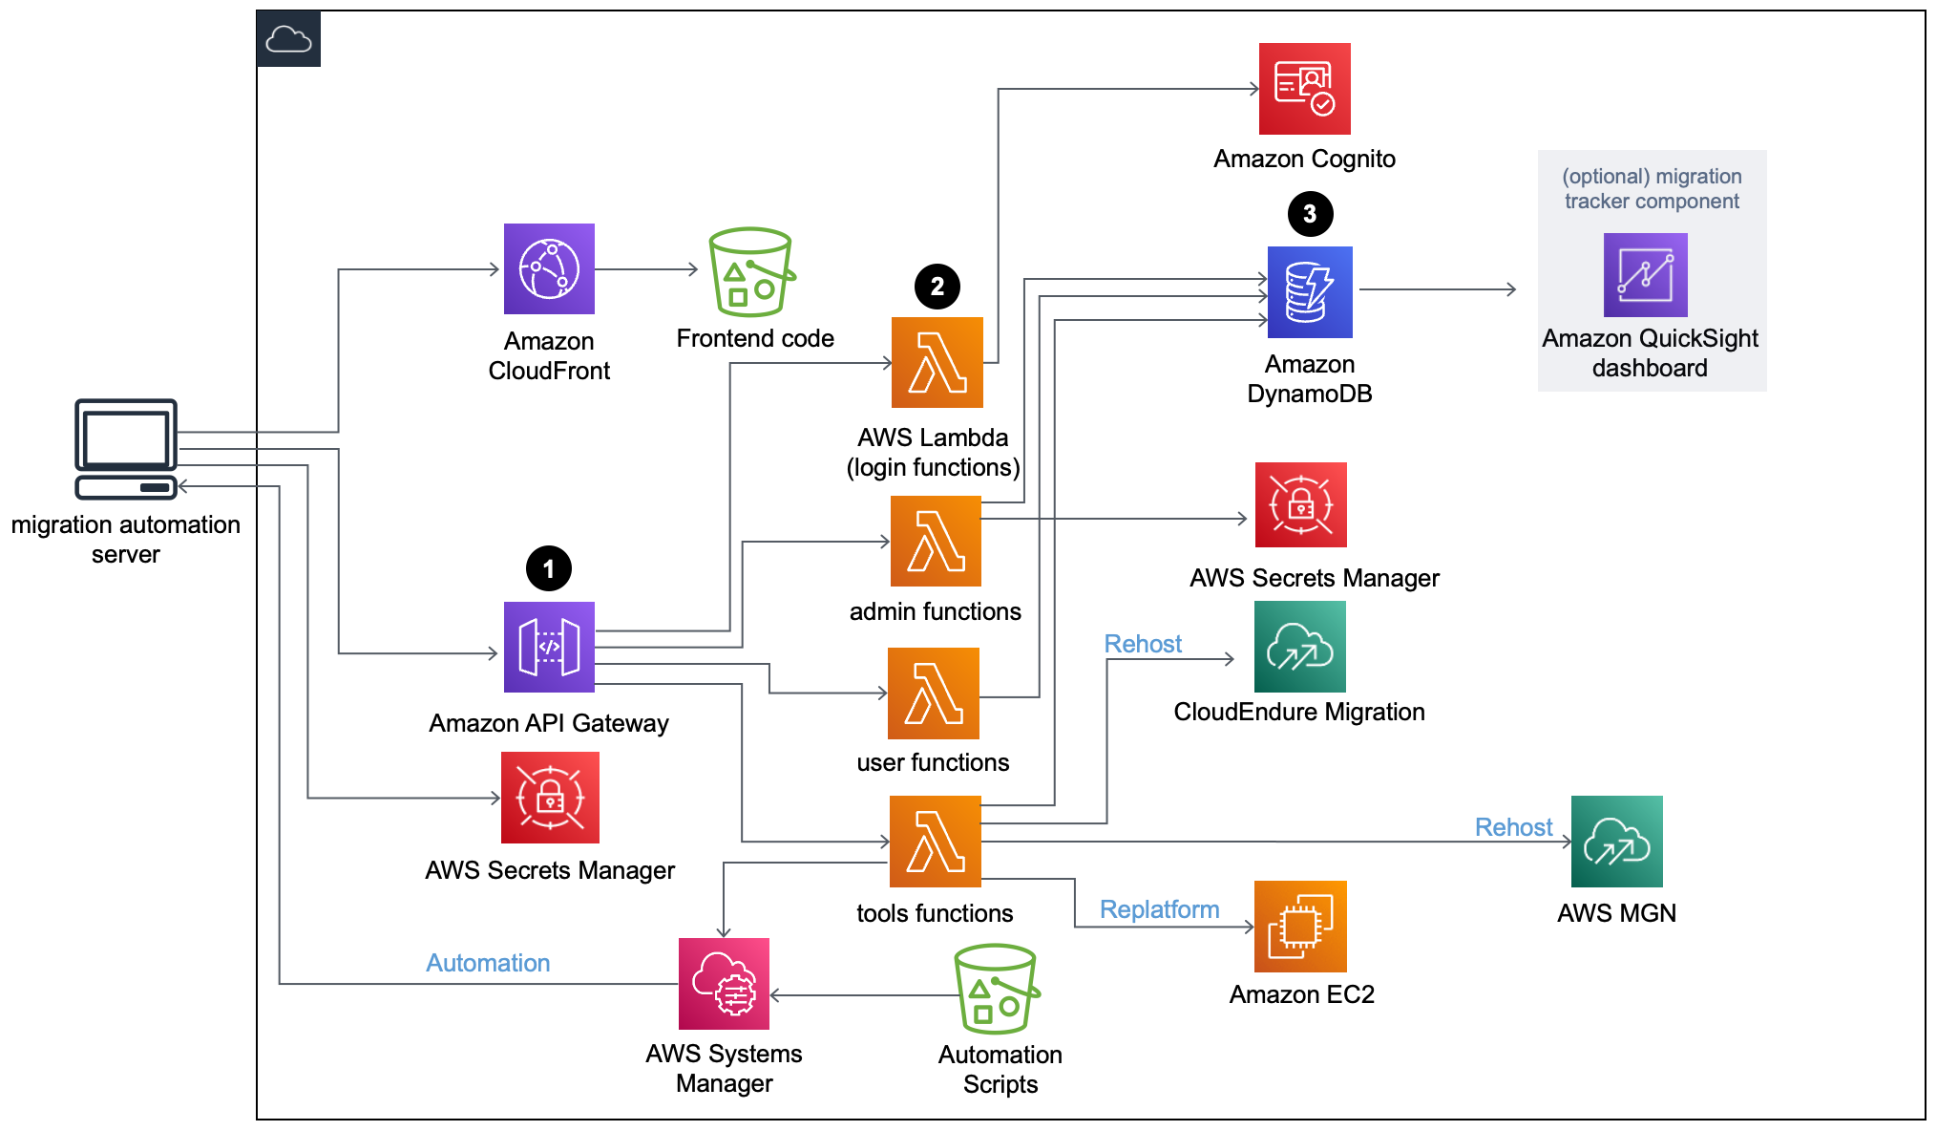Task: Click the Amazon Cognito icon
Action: pos(1304,89)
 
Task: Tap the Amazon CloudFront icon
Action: pos(549,268)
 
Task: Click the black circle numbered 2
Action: pos(937,287)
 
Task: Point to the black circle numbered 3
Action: pos(1310,214)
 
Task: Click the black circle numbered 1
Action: pos(548,569)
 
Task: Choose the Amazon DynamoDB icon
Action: pos(1310,292)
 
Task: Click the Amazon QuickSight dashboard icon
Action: pos(1645,275)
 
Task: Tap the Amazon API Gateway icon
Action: pos(549,647)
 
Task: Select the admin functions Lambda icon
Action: pos(936,541)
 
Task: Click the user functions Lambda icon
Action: pos(933,694)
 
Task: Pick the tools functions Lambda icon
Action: pos(935,842)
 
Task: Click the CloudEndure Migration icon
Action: pos(1299,647)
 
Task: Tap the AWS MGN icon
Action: pos(1616,842)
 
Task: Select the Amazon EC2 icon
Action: pos(1300,927)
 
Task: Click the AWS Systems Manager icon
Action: pos(724,984)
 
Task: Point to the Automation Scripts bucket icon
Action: pos(996,990)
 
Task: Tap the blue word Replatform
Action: pos(1159,909)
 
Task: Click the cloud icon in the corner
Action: pos(288,39)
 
